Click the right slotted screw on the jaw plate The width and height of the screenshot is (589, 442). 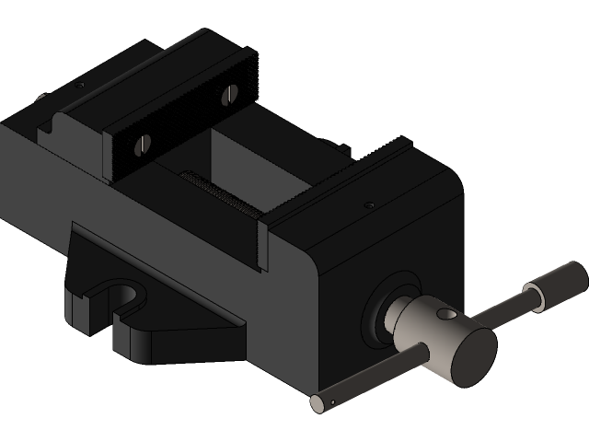[x=230, y=93]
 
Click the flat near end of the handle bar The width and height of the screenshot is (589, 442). [x=316, y=401]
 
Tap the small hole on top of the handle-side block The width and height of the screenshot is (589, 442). [x=369, y=204]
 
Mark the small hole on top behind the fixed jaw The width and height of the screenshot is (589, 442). [x=79, y=85]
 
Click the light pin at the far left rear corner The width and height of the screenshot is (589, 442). [x=40, y=98]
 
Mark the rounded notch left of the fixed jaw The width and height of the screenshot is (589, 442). [x=58, y=120]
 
